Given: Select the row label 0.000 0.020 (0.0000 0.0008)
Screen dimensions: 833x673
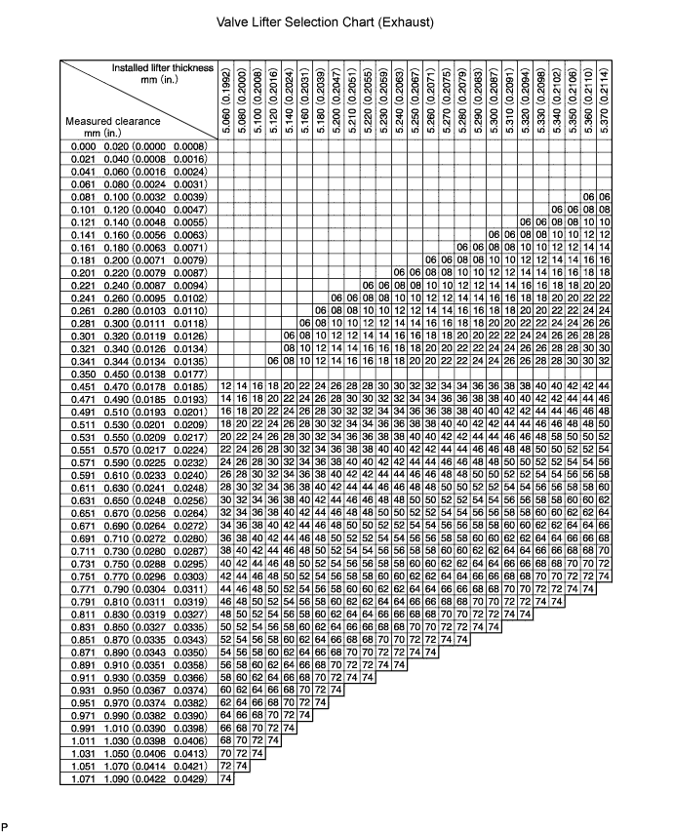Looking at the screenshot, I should [139, 146].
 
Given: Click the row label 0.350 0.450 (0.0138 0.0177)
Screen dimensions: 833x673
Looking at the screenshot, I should [139, 374].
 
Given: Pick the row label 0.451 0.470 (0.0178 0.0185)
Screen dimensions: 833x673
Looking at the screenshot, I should [139, 386].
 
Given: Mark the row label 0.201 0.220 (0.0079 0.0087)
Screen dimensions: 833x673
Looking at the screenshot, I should [139, 273].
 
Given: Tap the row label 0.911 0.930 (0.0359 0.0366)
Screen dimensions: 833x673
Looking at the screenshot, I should [139, 678].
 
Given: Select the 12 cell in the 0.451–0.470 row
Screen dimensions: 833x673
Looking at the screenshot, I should [227, 386].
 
